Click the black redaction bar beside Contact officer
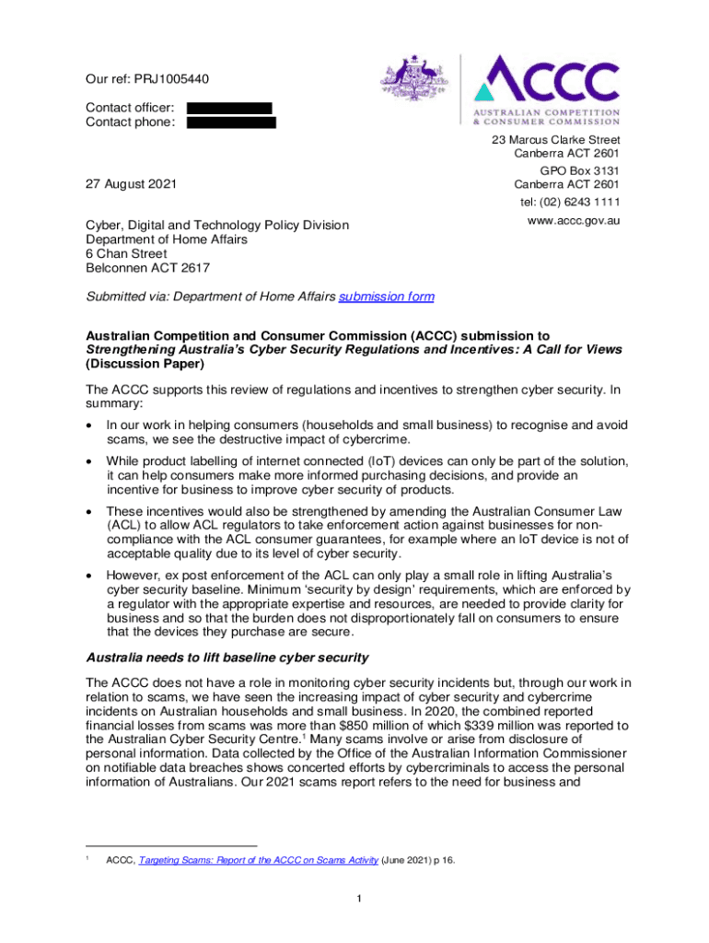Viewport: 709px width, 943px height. [229, 109]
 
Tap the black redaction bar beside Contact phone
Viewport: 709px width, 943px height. [231, 122]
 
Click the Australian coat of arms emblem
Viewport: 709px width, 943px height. [412, 83]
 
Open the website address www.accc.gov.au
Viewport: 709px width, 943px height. [573, 222]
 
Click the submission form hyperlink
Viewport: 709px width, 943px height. [386, 297]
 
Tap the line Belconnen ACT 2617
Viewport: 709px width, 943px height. [147, 268]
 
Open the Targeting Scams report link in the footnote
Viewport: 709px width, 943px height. [258, 860]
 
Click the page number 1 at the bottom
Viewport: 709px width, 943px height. [354, 899]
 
